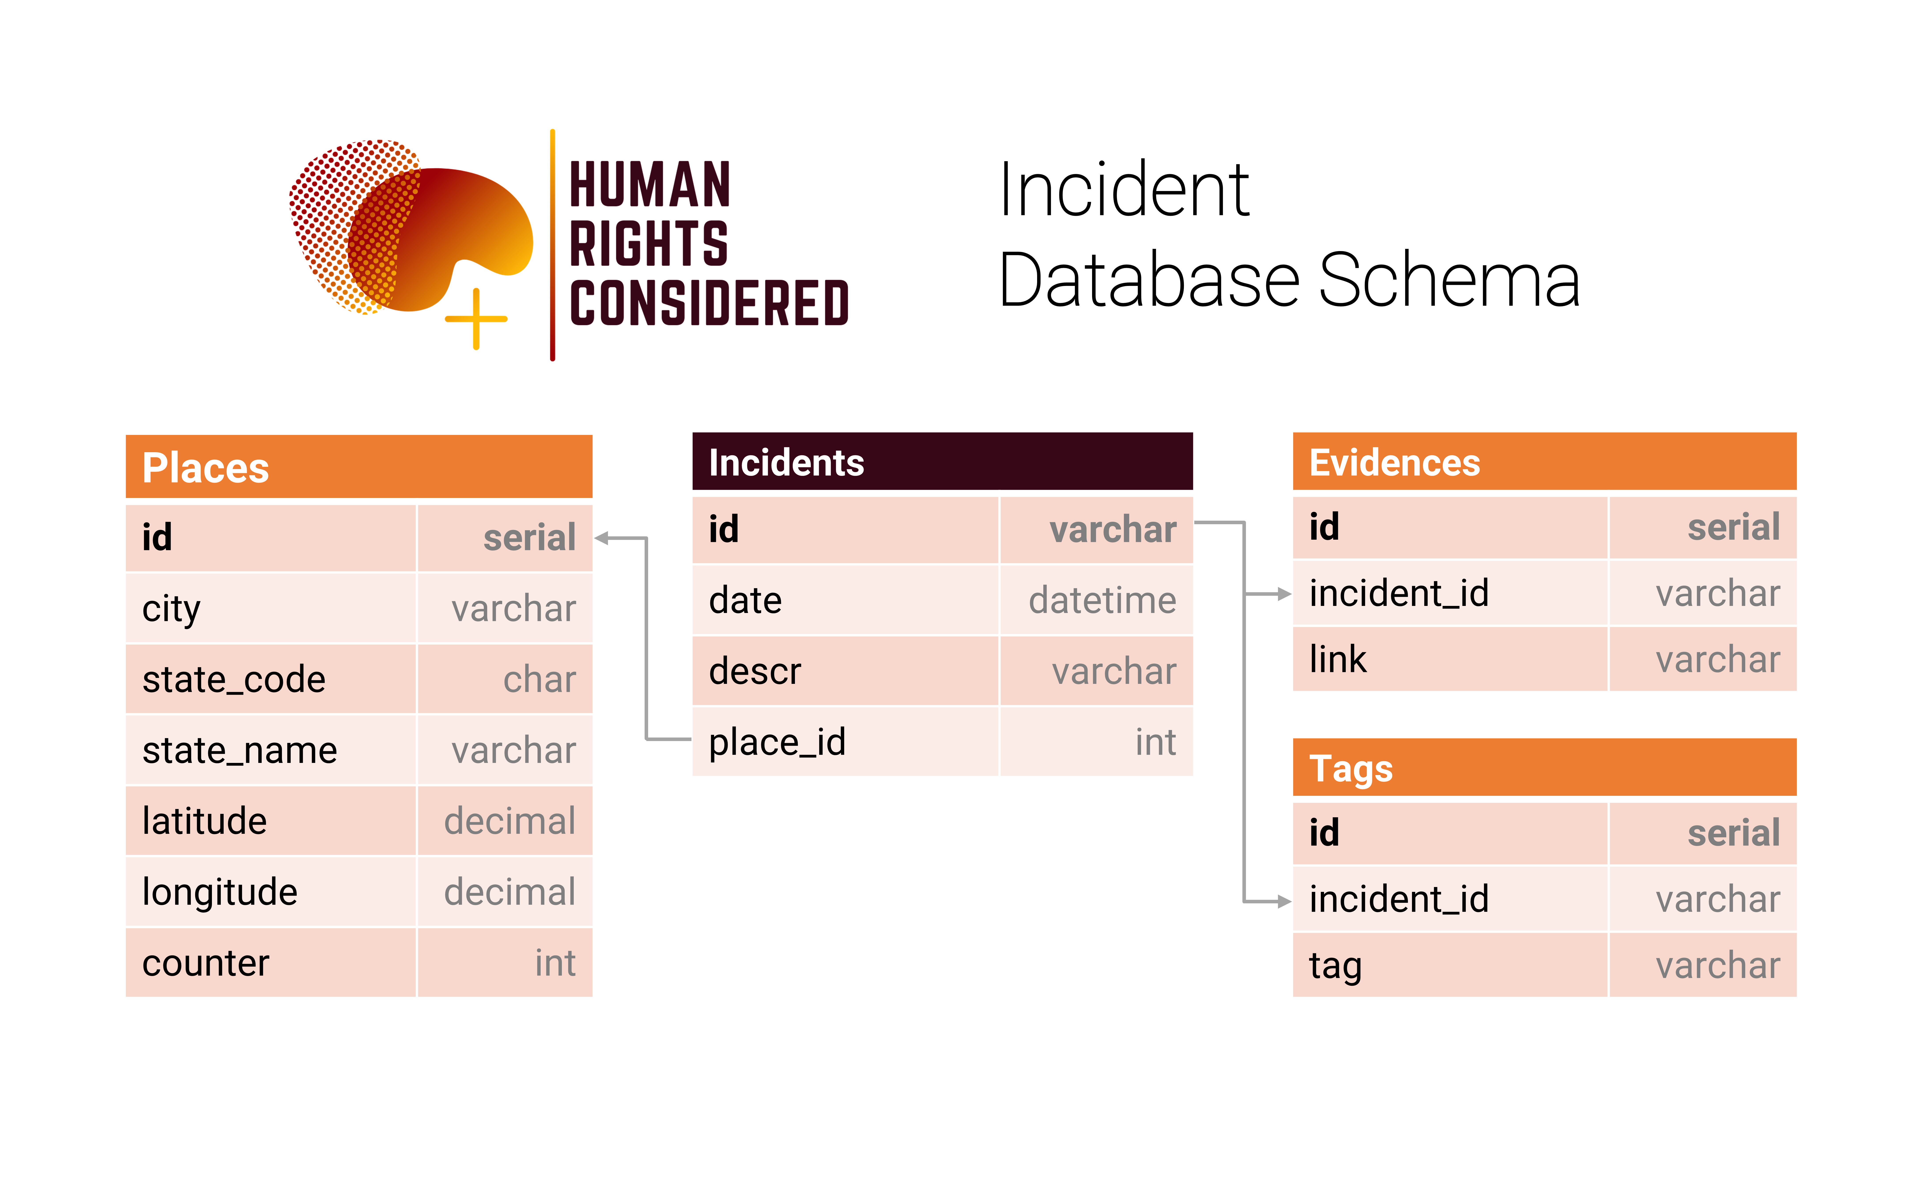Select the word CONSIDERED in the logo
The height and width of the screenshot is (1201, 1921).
(709, 303)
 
